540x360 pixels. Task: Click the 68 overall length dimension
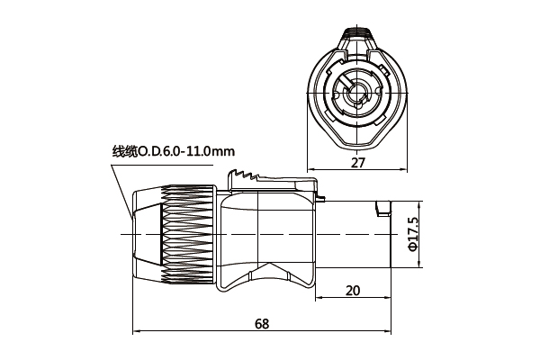(x=261, y=323)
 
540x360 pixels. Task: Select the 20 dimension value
(x=352, y=290)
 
